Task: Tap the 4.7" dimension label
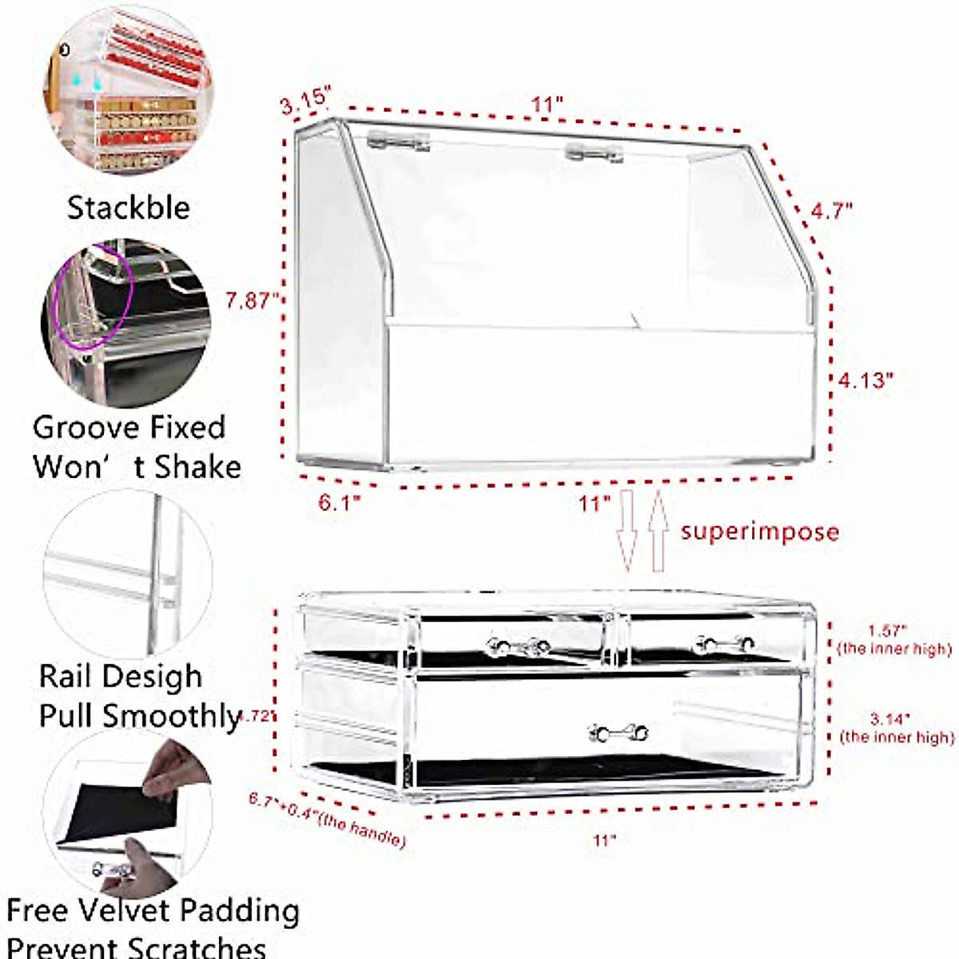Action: tap(831, 211)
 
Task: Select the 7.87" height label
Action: tap(252, 300)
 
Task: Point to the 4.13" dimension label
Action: tap(865, 380)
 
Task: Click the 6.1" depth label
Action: tap(340, 503)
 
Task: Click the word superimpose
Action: tap(759, 531)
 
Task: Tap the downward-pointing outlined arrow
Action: tap(627, 531)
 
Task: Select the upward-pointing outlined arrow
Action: tap(659, 531)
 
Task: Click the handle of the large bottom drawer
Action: tap(618, 731)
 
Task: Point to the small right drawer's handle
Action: tap(725, 643)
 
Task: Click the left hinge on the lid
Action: tap(398, 142)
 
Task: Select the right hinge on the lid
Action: tap(593, 152)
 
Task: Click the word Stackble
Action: tap(129, 208)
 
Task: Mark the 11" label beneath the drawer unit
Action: tap(605, 840)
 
